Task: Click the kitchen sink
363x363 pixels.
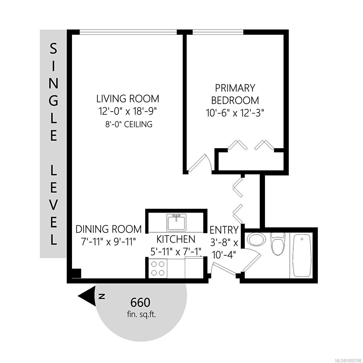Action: [x=176, y=222]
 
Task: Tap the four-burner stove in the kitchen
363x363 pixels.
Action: [x=158, y=268]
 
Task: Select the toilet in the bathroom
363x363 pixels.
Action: [x=277, y=244]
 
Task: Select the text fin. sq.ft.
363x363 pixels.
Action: [x=142, y=315]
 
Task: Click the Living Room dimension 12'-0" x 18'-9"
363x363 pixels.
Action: [x=128, y=112]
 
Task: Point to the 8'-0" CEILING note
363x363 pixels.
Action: [x=129, y=125]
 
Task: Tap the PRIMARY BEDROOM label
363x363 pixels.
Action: [x=235, y=94]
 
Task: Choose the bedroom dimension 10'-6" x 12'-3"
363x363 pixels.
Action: [x=235, y=113]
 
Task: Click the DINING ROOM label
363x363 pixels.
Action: [x=109, y=229]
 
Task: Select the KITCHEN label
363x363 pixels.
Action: [x=176, y=239]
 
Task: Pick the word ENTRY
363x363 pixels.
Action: [x=224, y=230]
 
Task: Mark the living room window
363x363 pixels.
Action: [x=128, y=32]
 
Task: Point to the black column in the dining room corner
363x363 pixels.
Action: [x=76, y=273]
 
